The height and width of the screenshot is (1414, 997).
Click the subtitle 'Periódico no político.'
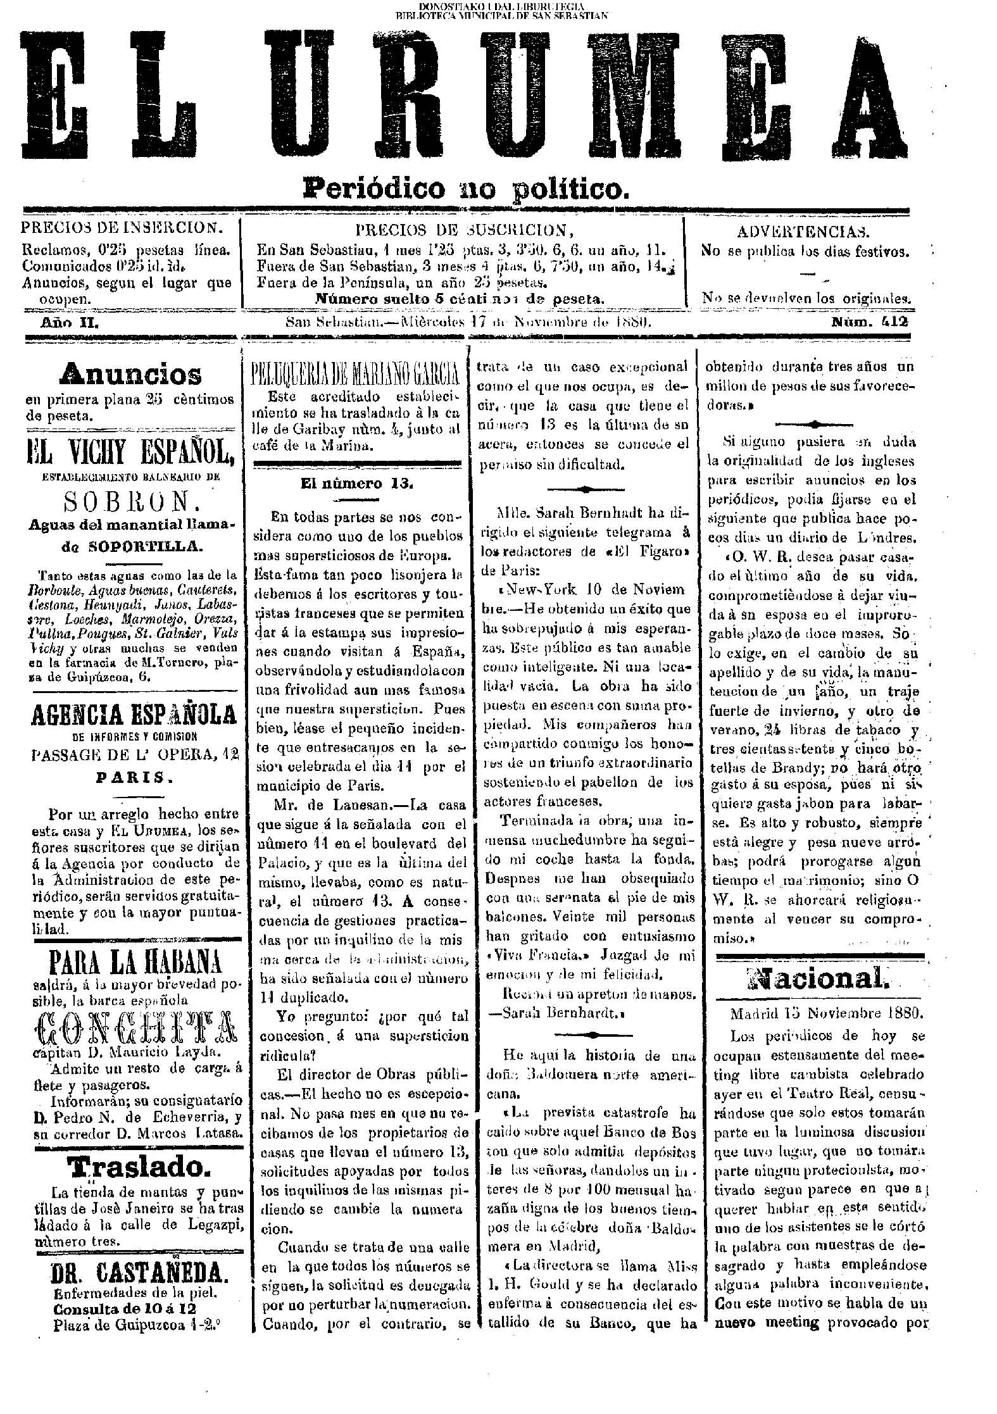(x=467, y=188)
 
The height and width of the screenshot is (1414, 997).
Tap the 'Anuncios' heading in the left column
(x=131, y=375)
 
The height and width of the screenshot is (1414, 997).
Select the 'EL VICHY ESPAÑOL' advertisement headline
(x=131, y=453)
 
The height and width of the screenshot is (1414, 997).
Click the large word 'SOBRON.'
(x=130, y=502)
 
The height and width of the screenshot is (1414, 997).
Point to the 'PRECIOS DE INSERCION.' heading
(x=122, y=228)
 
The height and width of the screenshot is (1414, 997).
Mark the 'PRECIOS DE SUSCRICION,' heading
(x=460, y=230)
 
